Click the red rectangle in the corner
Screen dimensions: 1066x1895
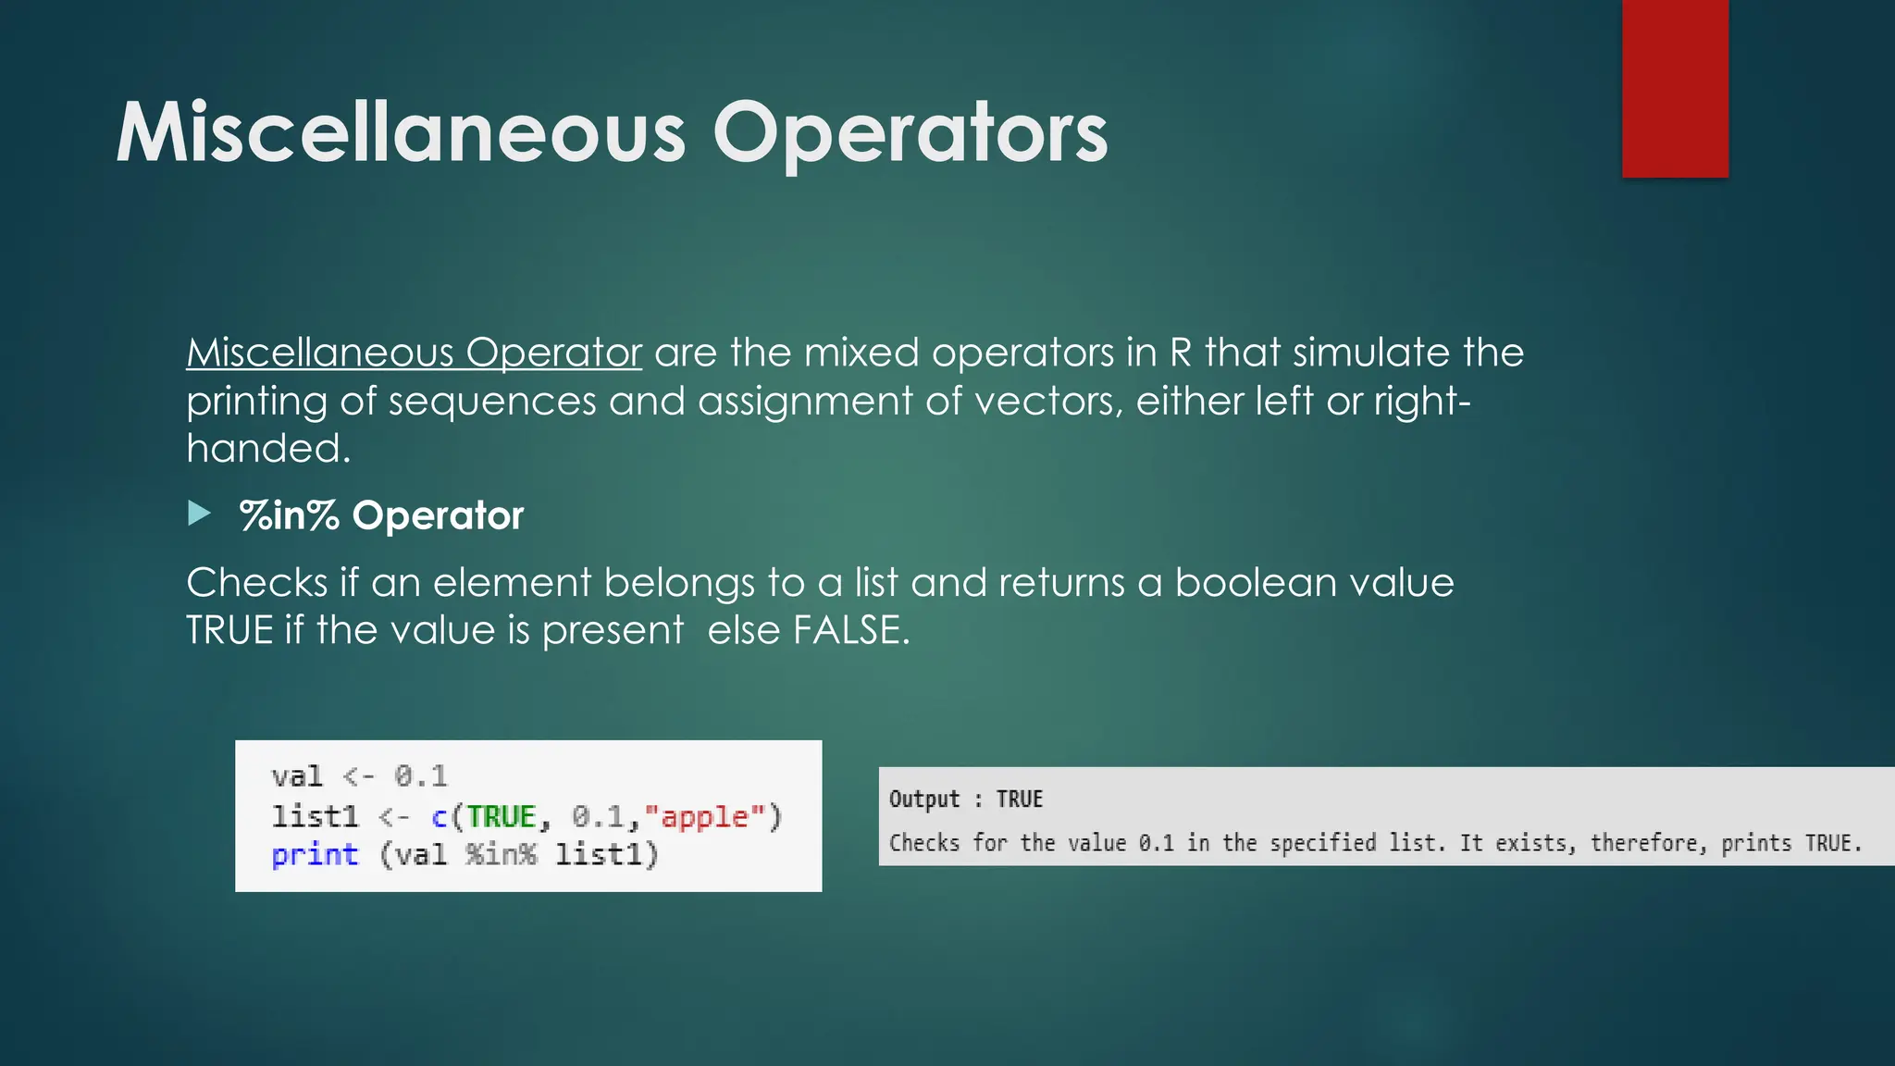pos(1675,88)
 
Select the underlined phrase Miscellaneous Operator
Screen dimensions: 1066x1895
pos(414,353)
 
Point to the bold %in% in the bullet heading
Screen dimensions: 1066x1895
pos(290,515)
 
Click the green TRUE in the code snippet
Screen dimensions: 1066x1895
pos(502,817)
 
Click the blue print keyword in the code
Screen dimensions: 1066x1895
pos(315,855)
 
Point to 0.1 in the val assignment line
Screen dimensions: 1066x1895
pos(421,776)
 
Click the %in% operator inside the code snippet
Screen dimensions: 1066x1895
pos(501,855)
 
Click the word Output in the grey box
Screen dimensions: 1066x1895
pos(924,799)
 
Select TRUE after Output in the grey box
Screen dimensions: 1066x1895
pos(1019,799)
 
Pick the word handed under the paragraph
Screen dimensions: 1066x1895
pos(266,450)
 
